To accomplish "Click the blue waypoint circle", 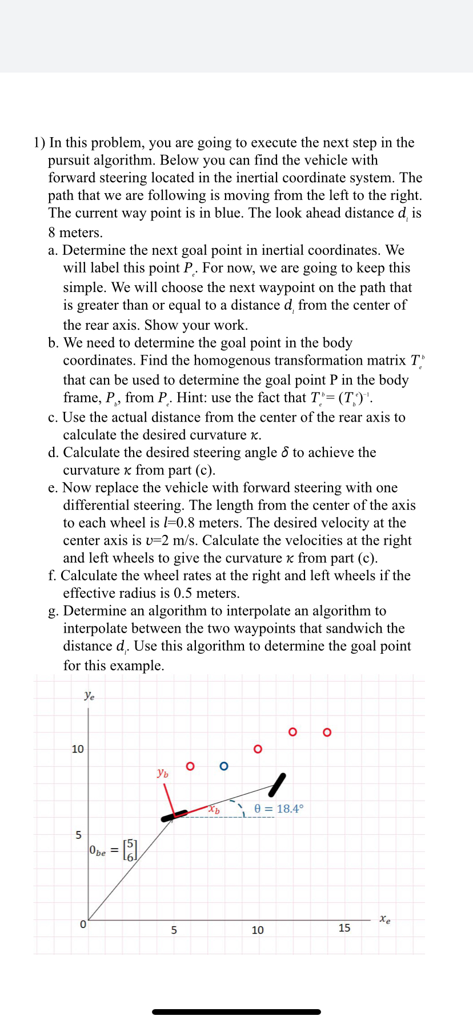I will point(223,766).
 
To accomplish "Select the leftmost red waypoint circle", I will point(190,766).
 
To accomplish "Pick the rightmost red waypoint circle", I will point(327,732).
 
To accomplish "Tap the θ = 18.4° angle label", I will point(279,809).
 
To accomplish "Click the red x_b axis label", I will point(214,809).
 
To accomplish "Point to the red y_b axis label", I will point(163,773).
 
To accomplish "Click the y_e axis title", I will point(89,695).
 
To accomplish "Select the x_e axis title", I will point(386,919).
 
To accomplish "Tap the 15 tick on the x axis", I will point(344,928).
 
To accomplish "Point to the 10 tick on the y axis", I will point(78,749).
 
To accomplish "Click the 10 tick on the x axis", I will point(258,930).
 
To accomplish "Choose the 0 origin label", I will point(83,925).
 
